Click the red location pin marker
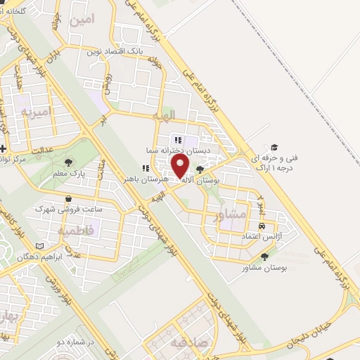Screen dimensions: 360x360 [x=181, y=167]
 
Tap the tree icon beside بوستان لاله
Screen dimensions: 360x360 [x=200, y=169]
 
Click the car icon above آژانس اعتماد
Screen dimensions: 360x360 [x=262, y=226]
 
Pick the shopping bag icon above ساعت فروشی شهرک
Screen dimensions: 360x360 [x=67, y=199]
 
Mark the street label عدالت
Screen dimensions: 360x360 [x=44, y=149]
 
